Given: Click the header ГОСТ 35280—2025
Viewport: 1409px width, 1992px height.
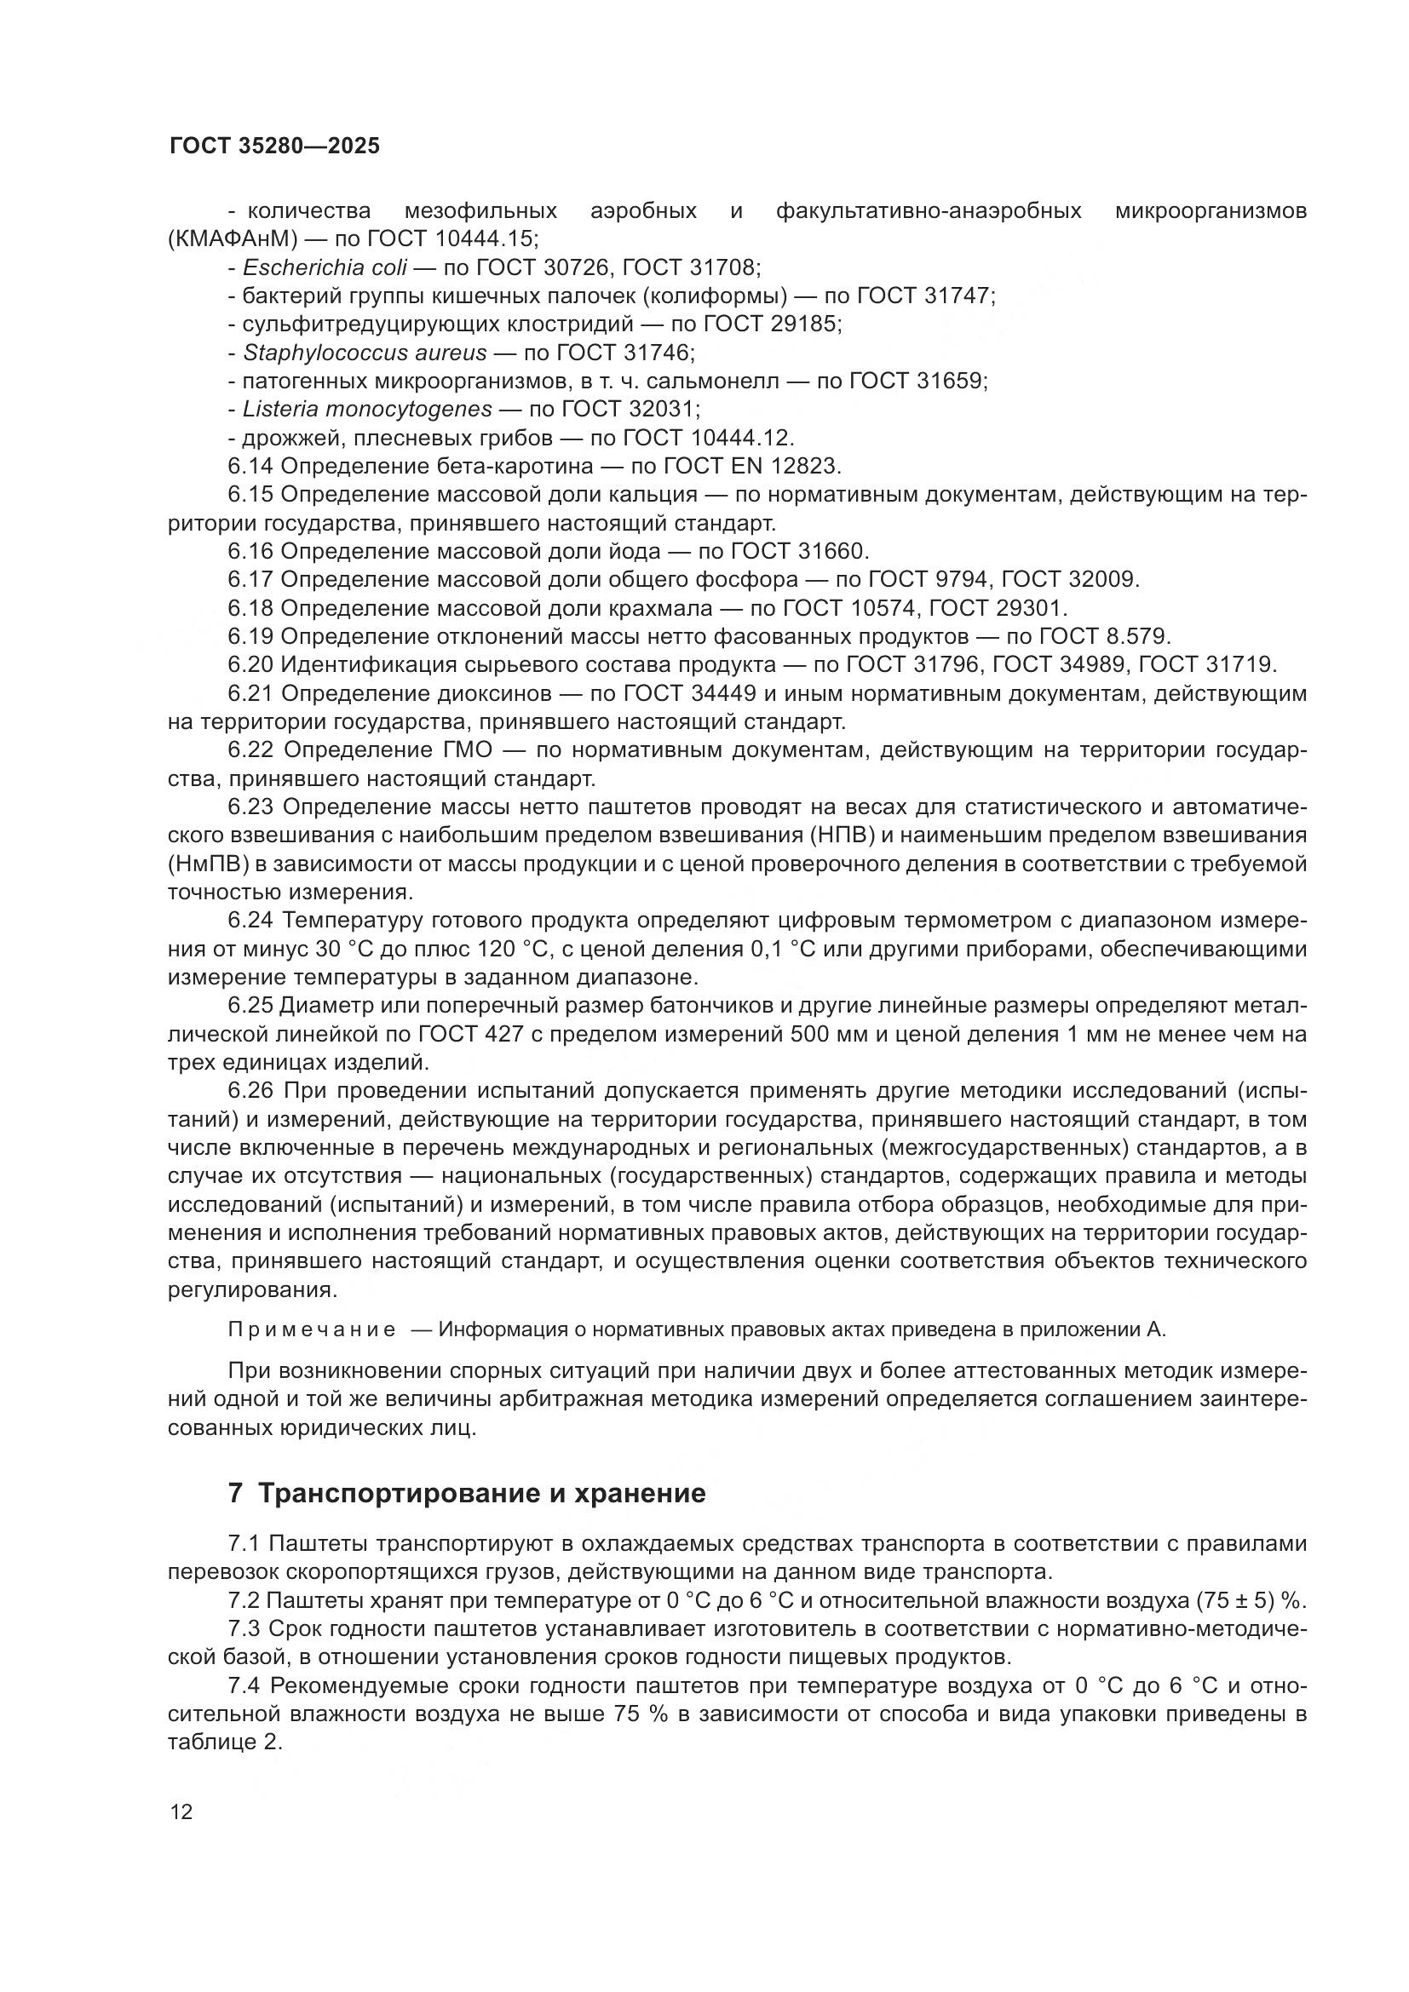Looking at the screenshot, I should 274,146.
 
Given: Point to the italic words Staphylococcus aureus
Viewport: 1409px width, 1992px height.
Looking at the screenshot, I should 365,353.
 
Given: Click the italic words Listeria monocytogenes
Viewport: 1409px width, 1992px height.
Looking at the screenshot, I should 367,409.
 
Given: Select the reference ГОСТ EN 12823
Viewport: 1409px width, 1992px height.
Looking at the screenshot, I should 751,466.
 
